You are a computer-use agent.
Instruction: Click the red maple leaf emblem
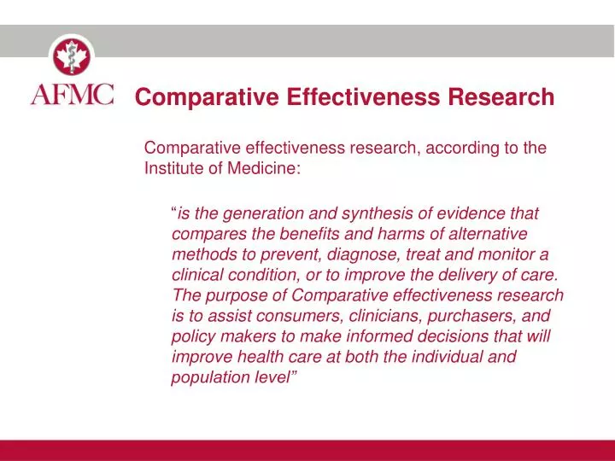[73, 56]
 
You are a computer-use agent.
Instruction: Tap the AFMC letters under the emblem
[73, 93]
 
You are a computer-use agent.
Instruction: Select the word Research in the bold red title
[502, 97]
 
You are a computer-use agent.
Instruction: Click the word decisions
[464, 336]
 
